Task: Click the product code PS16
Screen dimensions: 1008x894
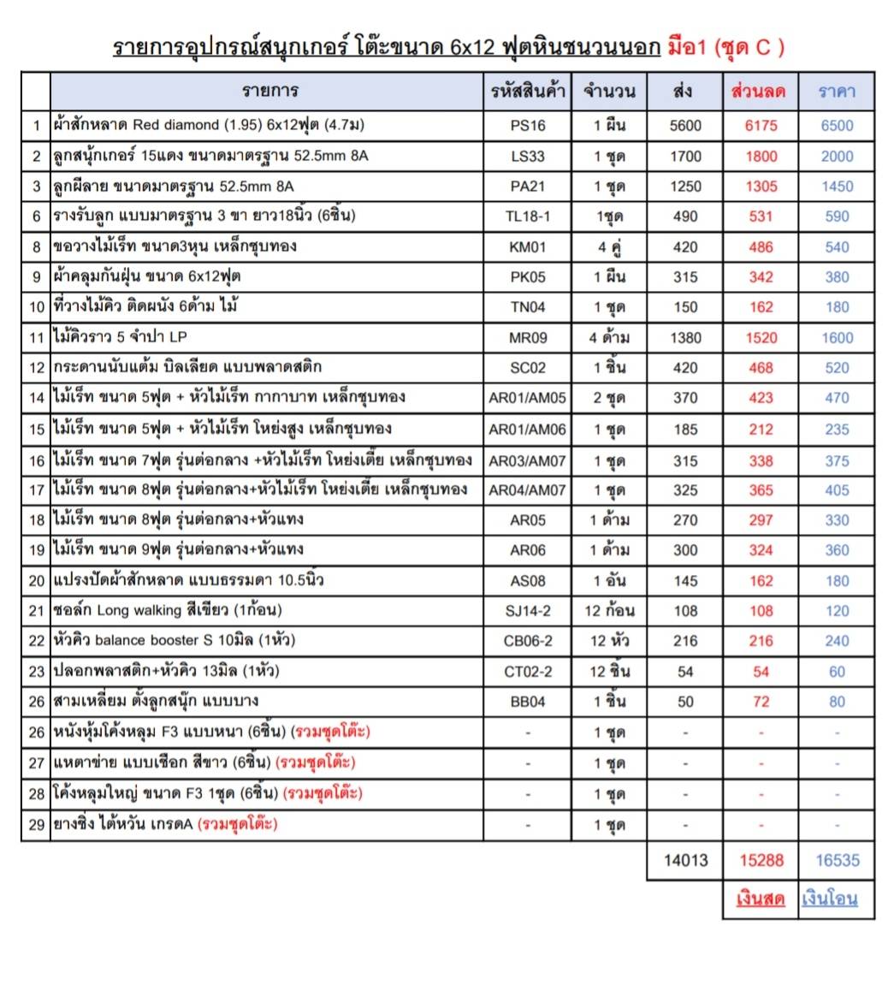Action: click(527, 125)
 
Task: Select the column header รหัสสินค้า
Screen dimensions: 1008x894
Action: click(528, 92)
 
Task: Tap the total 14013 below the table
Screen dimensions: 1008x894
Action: click(685, 860)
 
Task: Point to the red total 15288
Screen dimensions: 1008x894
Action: click(761, 860)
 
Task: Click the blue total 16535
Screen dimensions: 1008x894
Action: click(837, 860)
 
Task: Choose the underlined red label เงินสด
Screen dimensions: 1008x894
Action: click(760, 898)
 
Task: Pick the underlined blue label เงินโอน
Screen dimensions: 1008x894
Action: click(829, 898)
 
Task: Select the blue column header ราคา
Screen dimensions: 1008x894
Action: click(836, 92)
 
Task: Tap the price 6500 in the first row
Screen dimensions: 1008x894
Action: click(836, 125)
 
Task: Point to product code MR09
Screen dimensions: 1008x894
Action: click(527, 337)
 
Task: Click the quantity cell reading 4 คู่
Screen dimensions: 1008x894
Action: click(608, 247)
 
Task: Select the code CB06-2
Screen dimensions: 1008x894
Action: click(527, 641)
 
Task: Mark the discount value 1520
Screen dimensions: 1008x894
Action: click(761, 337)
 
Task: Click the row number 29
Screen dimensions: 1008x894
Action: click(36, 825)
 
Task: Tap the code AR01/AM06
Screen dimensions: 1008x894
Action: click(527, 429)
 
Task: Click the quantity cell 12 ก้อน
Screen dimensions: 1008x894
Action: click(609, 611)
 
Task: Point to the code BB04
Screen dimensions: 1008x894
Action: click(527, 702)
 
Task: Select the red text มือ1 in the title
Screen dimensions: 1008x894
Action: click(686, 47)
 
